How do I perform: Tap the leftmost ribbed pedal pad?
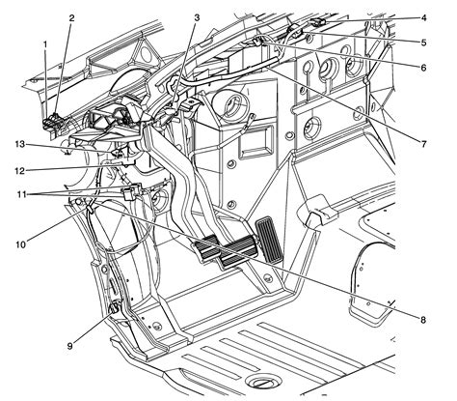pos(209,248)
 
